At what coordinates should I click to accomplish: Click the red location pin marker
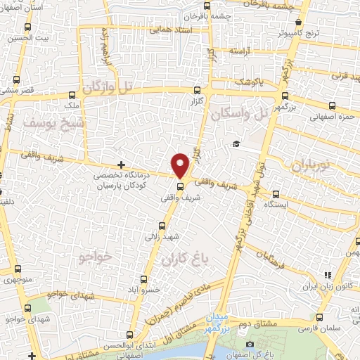tap(181, 165)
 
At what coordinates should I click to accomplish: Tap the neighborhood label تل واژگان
tap(117, 87)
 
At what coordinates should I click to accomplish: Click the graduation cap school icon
tap(237, 145)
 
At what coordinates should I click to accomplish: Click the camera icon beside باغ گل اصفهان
tap(250, 344)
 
